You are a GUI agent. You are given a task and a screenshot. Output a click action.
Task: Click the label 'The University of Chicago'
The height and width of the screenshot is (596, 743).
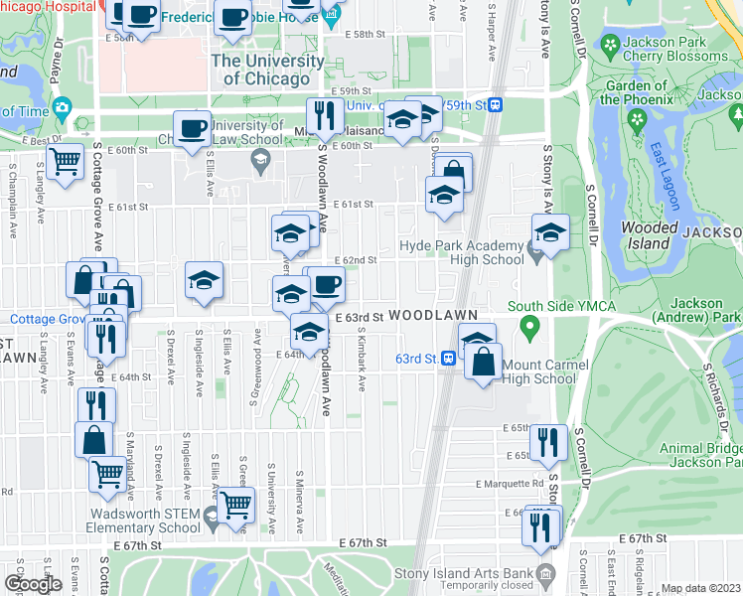pos(267,70)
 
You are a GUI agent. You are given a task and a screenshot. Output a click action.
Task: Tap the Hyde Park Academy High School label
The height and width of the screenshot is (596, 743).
pos(461,252)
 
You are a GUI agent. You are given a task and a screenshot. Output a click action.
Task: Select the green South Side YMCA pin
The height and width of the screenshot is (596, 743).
pos(529,325)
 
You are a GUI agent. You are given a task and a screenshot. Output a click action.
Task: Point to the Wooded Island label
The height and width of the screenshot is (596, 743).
pos(649,235)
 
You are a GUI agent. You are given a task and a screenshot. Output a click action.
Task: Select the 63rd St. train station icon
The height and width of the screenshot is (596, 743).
pos(450,358)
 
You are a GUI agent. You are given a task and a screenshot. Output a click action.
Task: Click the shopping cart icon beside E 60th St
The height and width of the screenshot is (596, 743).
pos(66,161)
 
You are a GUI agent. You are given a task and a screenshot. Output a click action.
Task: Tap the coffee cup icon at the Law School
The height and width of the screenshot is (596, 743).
pos(192,129)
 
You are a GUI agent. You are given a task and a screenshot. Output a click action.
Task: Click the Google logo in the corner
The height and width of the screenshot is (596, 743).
pos(34,583)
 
